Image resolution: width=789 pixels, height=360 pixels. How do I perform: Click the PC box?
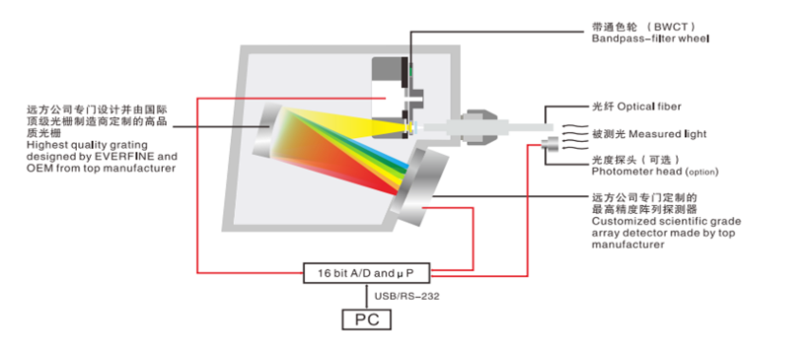(366, 320)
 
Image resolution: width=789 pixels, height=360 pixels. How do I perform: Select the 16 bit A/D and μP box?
(366, 273)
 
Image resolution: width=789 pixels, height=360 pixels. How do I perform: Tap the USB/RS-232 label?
(406, 296)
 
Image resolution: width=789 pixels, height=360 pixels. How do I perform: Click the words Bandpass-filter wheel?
(650, 38)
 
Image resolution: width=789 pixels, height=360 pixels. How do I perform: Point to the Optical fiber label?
(636, 107)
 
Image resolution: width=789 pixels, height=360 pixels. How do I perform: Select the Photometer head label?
(655, 172)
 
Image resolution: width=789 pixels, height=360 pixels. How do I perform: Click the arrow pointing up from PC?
(367, 296)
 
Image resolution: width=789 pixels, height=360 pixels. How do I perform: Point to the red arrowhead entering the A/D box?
(299, 273)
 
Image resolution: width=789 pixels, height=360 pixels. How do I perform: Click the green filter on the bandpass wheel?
(410, 72)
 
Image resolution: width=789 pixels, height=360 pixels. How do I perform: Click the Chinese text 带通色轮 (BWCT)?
(643, 27)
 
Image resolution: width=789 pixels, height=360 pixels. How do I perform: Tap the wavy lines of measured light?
(574, 137)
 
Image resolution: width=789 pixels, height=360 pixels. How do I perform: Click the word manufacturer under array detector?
(628, 246)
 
